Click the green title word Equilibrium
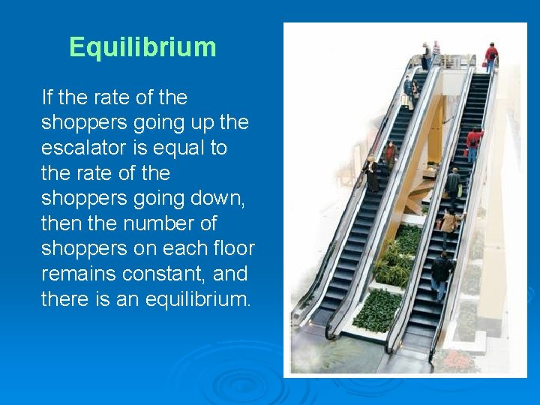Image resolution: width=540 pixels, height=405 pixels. [142, 47]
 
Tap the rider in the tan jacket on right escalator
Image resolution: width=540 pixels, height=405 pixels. [448, 223]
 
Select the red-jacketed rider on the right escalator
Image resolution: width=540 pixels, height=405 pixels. [473, 142]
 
